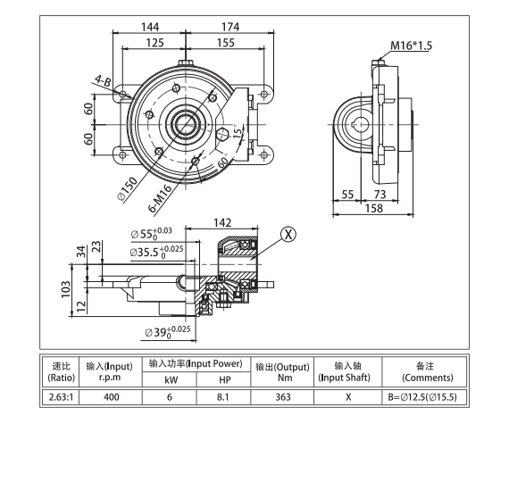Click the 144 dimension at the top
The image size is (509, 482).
tap(151, 27)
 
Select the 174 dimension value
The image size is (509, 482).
tap(229, 27)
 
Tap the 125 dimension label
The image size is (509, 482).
tap(154, 43)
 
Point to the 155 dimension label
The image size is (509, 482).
tap(225, 43)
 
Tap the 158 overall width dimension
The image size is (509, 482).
tap(374, 209)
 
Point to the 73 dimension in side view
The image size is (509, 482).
tap(380, 194)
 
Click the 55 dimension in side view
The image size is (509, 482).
tap(347, 194)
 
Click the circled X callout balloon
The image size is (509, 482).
tap(288, 235)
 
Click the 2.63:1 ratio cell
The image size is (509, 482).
tap(61, 396)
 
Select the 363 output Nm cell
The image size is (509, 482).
tap(282, 396)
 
